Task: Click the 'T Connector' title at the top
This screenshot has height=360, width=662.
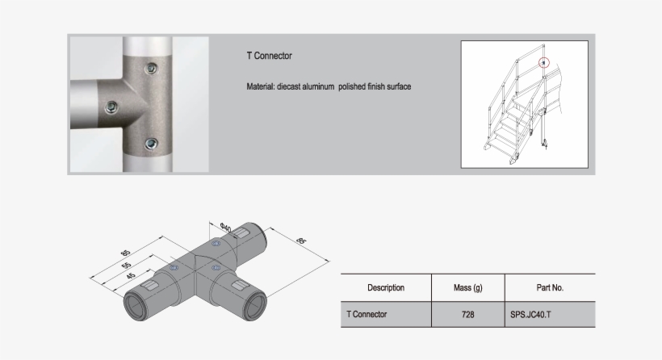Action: (x=269, y=57)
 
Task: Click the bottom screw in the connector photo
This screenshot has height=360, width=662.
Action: (x=150, y=144)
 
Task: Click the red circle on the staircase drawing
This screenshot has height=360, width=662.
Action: (x=544, y=62)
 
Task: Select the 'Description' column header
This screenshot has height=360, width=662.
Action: (x=386, y=287)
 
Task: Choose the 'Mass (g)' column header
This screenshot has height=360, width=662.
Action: (x=468, y=287)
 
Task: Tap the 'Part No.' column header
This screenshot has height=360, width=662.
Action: (x=549, y=287)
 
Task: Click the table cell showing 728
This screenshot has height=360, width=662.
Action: (x=468, y=314)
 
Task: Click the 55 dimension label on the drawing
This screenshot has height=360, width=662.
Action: (x=127, y=265)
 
